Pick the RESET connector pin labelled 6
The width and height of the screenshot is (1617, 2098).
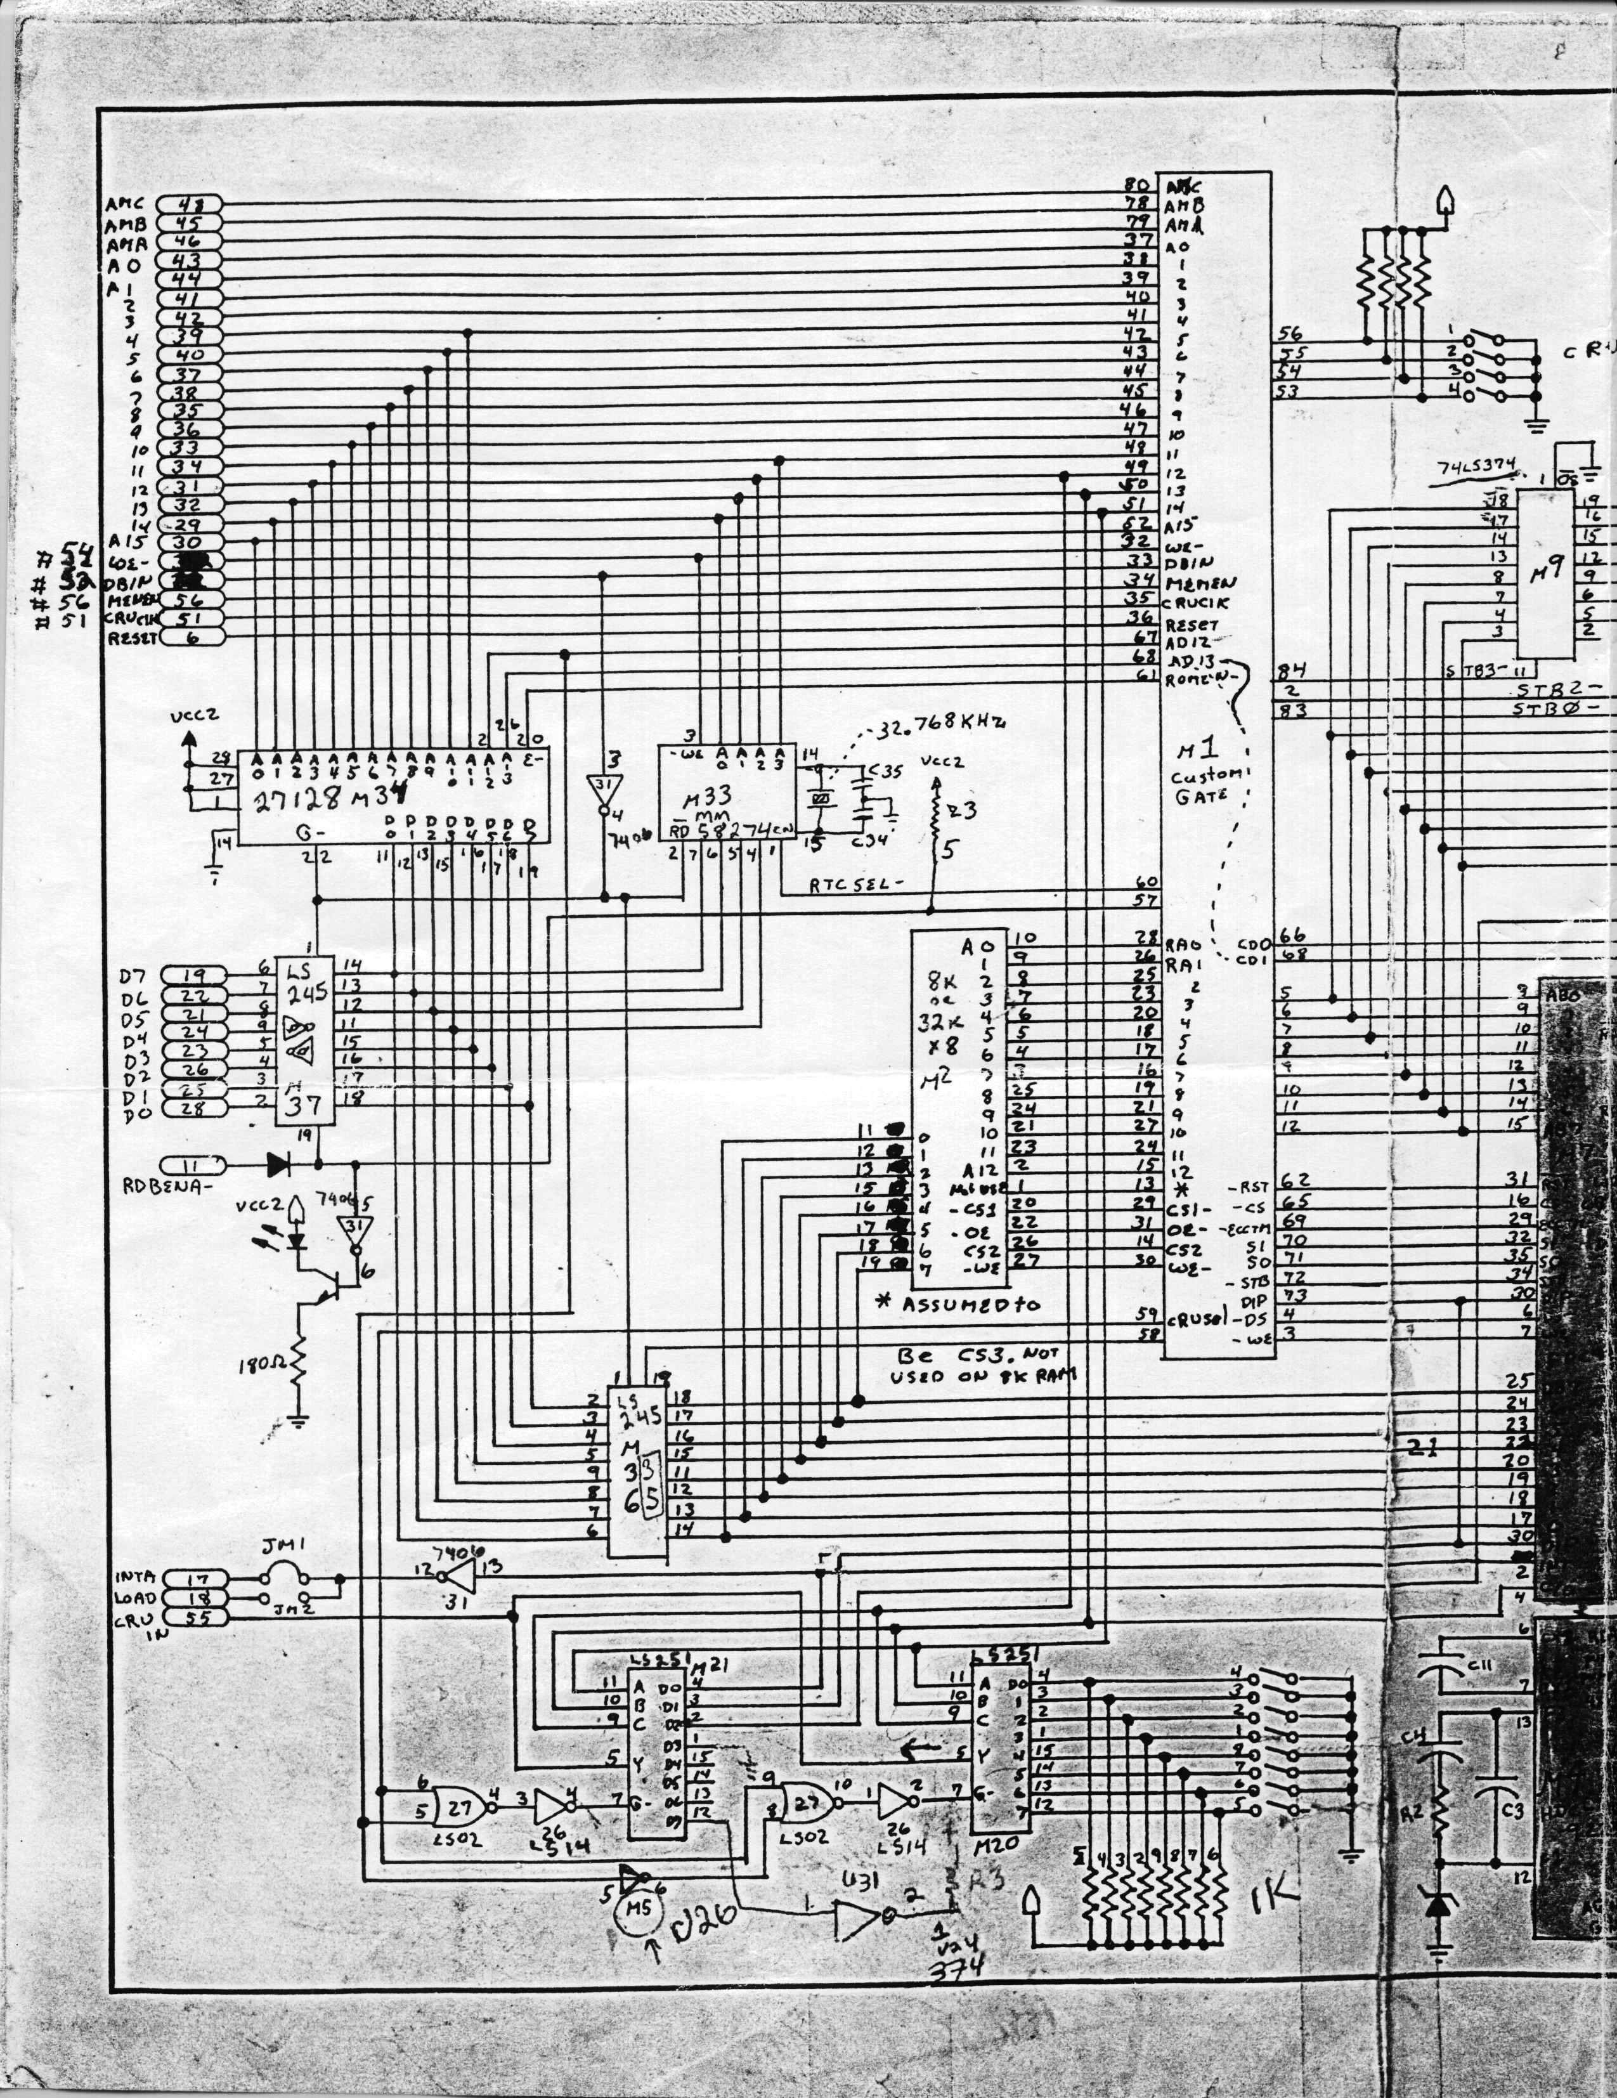pyautogui.click(x=190, y=637)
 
